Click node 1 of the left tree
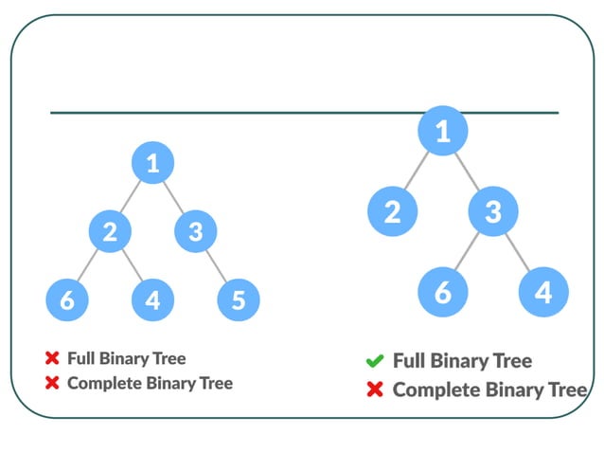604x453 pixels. pos(151,163)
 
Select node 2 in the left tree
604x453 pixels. pos(110,231)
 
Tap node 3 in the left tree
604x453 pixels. pos(195,231)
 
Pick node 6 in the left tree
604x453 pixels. pos(66,300)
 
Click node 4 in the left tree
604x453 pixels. pos(152,300)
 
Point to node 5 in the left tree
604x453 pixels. pos(238,300)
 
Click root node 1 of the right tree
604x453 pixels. pos(442,132)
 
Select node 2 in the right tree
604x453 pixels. pos(392,210)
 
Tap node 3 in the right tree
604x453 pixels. pos(492,210)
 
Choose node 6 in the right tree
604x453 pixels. pos(442,291)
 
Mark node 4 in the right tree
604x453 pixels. pos(542,291)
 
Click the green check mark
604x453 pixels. pos(374,361)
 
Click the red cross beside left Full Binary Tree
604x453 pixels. pos(52,358)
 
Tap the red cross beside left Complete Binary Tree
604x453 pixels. pos(52,383)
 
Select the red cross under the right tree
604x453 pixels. pos(374,390)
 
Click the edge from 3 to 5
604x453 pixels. pos(217,266)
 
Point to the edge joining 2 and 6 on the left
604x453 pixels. pos(88,266)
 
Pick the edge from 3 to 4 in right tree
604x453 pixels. pos(518,250)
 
